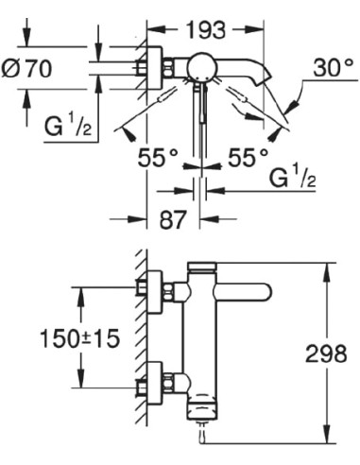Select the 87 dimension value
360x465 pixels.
(172, 220)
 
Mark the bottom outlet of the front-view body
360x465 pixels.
(200, 413)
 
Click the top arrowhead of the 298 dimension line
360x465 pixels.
(329, 269)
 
